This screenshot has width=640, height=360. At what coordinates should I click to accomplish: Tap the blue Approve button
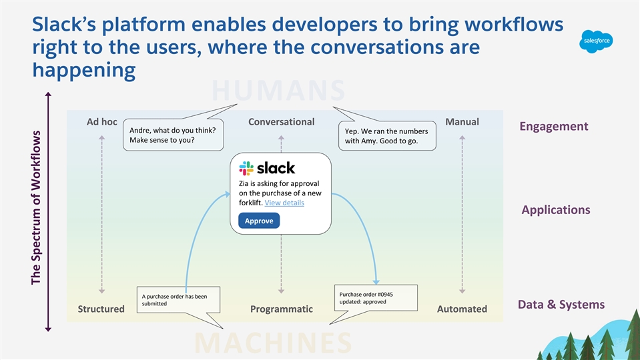pos(259,221)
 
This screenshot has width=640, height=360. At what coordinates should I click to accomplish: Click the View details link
pos(284,203)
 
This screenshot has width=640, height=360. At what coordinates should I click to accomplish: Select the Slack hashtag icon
pos(246,168)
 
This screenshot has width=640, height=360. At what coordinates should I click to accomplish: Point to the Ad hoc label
pos(102,122)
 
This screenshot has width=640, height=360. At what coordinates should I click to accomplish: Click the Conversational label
pos(281,122)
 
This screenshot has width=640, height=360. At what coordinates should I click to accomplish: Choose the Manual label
pos(462,122)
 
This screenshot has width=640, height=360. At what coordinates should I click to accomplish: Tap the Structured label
pos(101,309)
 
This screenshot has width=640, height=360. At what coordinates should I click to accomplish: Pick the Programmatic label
pos(281,309)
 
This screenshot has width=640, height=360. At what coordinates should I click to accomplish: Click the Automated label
pos(462,309)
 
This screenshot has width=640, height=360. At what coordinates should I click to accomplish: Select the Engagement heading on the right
pos(555,127)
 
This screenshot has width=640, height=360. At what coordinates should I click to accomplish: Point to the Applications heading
pos(555,210)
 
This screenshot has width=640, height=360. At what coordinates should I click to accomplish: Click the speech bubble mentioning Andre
pos(172,135)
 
